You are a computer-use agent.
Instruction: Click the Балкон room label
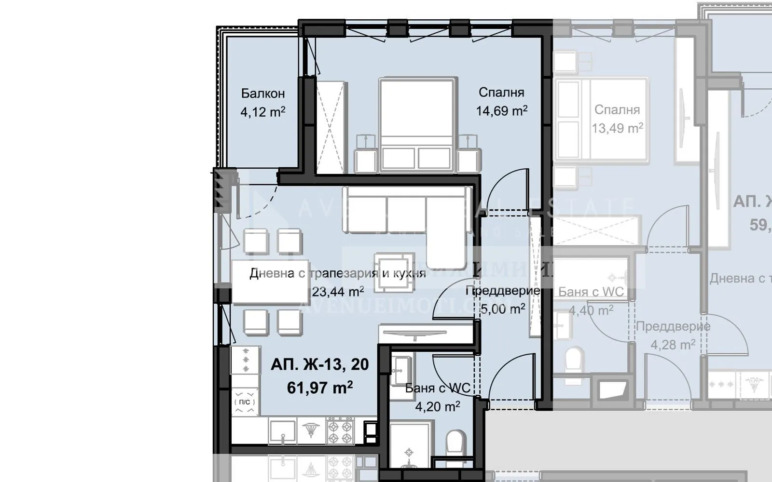click(x=263, y=93)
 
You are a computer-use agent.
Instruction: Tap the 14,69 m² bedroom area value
click(x=501, y=111)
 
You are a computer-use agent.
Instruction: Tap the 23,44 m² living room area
click(x=338, y=292)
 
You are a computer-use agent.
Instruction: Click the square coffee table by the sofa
click(x=395, y=272)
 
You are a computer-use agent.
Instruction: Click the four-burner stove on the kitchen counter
click(x=341, y=431)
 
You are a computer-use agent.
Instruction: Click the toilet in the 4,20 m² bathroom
click(x=455, y=446)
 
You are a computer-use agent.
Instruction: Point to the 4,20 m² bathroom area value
click(x=437, y=407)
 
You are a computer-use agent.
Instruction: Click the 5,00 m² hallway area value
click(x=503, y=309)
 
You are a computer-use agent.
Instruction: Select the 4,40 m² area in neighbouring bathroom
click(x=591, y=310)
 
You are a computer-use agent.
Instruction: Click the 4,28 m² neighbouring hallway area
click(x=673, y=345)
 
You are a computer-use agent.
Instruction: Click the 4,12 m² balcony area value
click(x=263, y=112)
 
